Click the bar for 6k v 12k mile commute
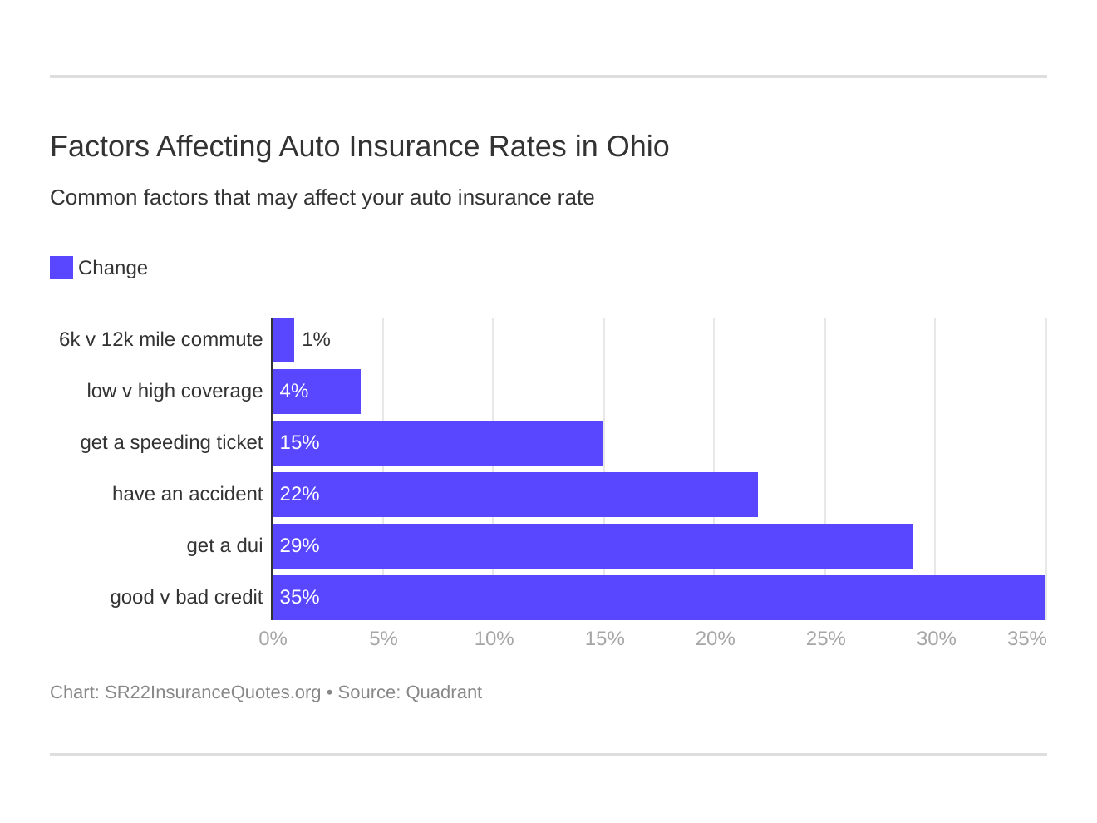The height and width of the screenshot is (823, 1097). click(283, 340)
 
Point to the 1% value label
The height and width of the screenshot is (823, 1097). click(316, 340)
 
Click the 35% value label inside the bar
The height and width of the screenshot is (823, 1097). click(299, 598)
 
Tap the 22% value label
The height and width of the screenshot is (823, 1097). click(299, 495)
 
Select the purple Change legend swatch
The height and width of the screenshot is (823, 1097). click(61, 268)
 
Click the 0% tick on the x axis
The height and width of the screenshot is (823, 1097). click(273, 638)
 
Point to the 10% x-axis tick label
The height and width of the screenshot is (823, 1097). click(494, 638)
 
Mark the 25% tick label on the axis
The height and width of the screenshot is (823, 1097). click(825, 638)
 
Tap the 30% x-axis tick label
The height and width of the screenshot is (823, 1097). click(936, 638)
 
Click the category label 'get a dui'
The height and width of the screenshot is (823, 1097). click(224, 546)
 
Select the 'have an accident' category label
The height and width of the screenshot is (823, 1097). click(187, 495)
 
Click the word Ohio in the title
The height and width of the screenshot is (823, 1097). click(637, 146)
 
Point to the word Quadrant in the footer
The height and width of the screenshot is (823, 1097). click(444, 692)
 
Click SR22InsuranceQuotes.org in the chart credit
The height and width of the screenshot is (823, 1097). click(212, 692)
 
